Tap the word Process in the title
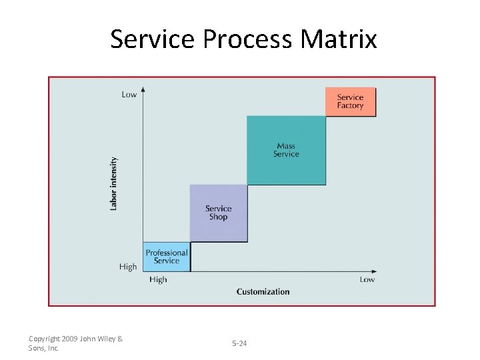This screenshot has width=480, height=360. [248, 39]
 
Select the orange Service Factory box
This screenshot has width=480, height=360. [350, 101]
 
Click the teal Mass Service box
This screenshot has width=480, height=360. [286, 150]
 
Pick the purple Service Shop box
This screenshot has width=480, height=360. [218, 213]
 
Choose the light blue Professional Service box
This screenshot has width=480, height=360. [167, 257]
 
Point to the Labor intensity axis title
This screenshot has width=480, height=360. [113, 183]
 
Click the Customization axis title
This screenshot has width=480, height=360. [263, 291]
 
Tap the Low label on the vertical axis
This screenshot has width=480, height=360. [129, 95]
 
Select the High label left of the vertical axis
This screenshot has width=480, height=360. [128, 267]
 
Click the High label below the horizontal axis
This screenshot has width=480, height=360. [158, 279]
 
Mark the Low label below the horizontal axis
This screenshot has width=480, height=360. [367, 279]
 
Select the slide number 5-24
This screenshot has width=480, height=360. [239, 343]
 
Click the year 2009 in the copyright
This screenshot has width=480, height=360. [69, 339]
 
